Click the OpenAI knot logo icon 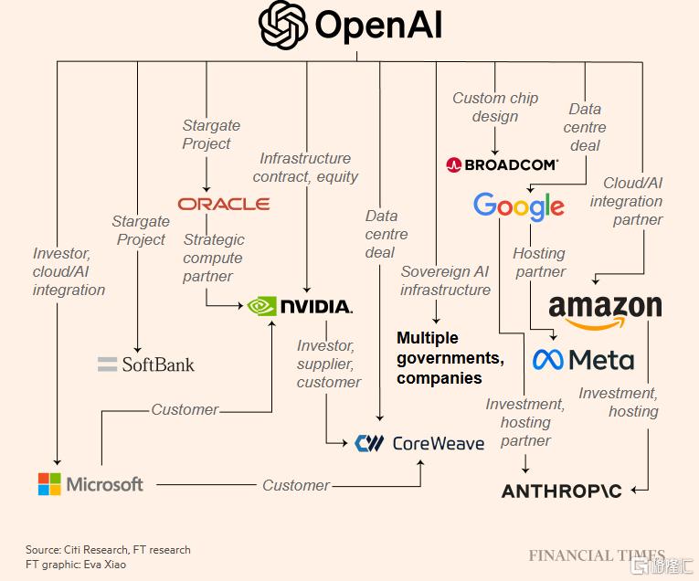point(283,24)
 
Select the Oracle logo point(224,203)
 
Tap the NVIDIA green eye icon point(262,305)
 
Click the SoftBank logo point(146,364)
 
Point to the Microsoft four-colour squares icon point(49,484)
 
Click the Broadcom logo point(502,165)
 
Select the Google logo point(518,206)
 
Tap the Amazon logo point(605,310)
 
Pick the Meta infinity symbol point(547,359)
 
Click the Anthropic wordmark point(562,491)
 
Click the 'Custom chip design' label point(495,107)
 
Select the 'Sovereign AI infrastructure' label point(445,280)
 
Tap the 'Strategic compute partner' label point(214,258)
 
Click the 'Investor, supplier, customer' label point(328,364)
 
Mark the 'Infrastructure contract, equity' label point(305,167)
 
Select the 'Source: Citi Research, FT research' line point(108,549)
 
